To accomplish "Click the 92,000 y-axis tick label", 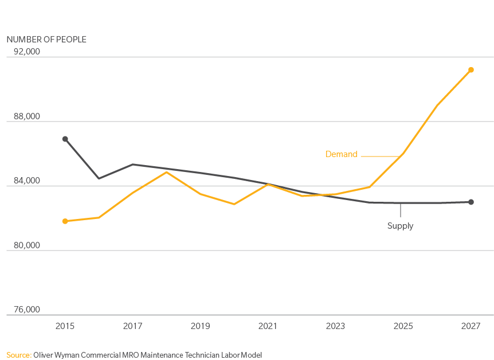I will point(27,52).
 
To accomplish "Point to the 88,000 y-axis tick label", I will point(27,116).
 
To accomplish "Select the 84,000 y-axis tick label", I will point(27,181).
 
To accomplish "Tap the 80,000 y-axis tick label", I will point(27,245).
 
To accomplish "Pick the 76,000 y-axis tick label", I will point(27,310).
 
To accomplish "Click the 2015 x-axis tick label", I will point(65,326).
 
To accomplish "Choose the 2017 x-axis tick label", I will point(132,326).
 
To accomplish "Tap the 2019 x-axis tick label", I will point(200,326).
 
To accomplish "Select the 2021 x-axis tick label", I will point(268,326).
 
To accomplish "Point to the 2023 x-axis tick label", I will point(335,326).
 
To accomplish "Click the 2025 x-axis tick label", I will point(403,326).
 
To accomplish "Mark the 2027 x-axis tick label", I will point(471,326).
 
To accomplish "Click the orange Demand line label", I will point(341,154).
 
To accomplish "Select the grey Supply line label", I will point(400,226).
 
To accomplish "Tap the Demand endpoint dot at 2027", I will point(471,70).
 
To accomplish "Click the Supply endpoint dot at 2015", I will point(65,139).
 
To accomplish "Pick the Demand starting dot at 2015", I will point(65,221).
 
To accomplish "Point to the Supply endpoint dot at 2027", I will point(471,202).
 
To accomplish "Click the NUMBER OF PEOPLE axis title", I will point(46,39).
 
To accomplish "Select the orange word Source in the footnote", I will point(18,355).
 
